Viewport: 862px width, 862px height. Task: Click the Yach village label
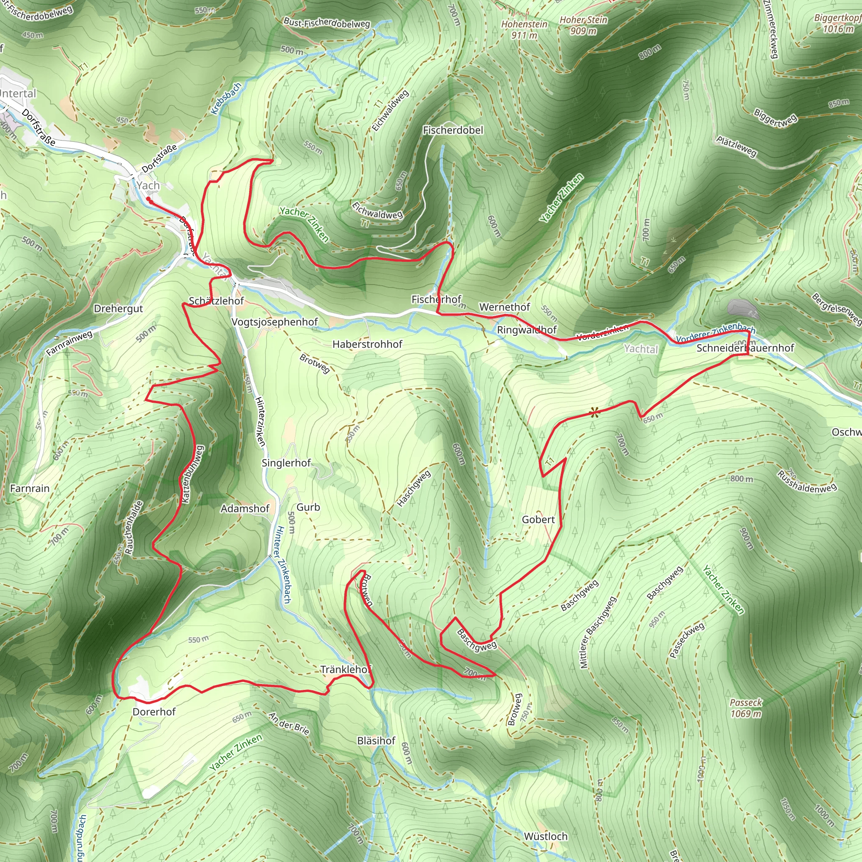[x=148, y=186]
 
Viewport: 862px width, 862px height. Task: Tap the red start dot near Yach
[x=148, y=200]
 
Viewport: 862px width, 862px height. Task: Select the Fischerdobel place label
[x=453, y=130]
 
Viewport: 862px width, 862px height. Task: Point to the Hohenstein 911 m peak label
[x=524, y=29]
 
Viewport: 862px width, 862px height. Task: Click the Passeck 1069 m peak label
[x=746, y=708]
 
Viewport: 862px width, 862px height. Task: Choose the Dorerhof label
[x=154, y=712]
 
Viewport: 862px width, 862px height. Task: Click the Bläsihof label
[x=376, y=741]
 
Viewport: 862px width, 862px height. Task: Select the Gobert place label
[x=538, y=519]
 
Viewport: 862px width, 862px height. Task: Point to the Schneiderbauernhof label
[x=745, y=348]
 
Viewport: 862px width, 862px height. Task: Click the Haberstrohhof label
[x=367, y=344]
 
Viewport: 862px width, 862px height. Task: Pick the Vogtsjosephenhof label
[x=274, y=322]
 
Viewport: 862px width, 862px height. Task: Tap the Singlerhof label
[x=286, y=463]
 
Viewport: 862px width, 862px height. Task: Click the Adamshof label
[x=245, y=508]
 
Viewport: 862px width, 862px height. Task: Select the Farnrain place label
[x=30, y=488]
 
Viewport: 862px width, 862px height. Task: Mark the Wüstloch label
[x=545, y=836]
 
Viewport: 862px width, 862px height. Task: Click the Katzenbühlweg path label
[x=192, y=474]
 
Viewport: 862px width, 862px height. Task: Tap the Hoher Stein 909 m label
[x=584, y=25]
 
